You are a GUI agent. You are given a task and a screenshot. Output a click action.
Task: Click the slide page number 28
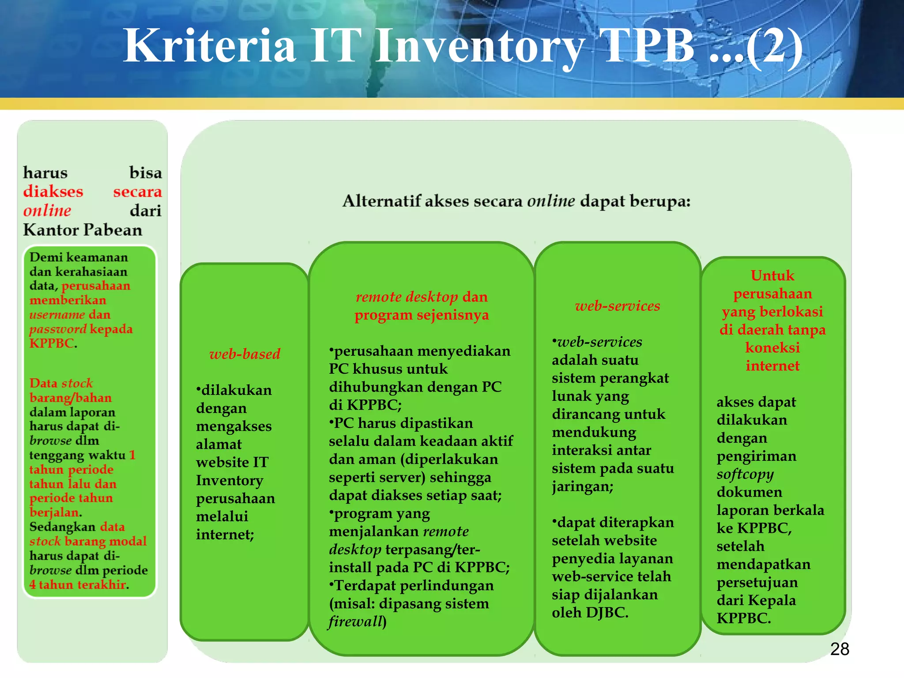(839, 649)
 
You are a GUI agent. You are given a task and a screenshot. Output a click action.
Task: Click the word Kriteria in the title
(209, 46)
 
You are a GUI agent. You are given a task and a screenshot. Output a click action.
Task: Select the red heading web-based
(245, 354)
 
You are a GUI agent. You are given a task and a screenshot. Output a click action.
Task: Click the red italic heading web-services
(618, 306)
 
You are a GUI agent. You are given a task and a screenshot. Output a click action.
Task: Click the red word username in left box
(57, 315)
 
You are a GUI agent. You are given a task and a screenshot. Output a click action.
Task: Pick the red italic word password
(58, 329)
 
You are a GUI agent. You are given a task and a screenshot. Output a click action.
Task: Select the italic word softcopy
(745, 474)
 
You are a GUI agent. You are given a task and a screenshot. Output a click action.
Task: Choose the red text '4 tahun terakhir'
(79, 585)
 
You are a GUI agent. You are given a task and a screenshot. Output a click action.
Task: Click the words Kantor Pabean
(83, 230)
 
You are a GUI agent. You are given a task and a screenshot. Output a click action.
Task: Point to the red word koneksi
(772, 348)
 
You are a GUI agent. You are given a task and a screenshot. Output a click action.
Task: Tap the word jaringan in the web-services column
(582, 487)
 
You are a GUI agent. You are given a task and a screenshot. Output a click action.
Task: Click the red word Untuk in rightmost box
(772, 276)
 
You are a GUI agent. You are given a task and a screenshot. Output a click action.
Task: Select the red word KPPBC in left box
(51, 343)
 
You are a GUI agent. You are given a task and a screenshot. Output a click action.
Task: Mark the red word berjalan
(55, 512)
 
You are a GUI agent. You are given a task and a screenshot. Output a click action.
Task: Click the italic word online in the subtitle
(551, 201)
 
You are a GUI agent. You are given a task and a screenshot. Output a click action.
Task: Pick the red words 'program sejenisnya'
(422, 315)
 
